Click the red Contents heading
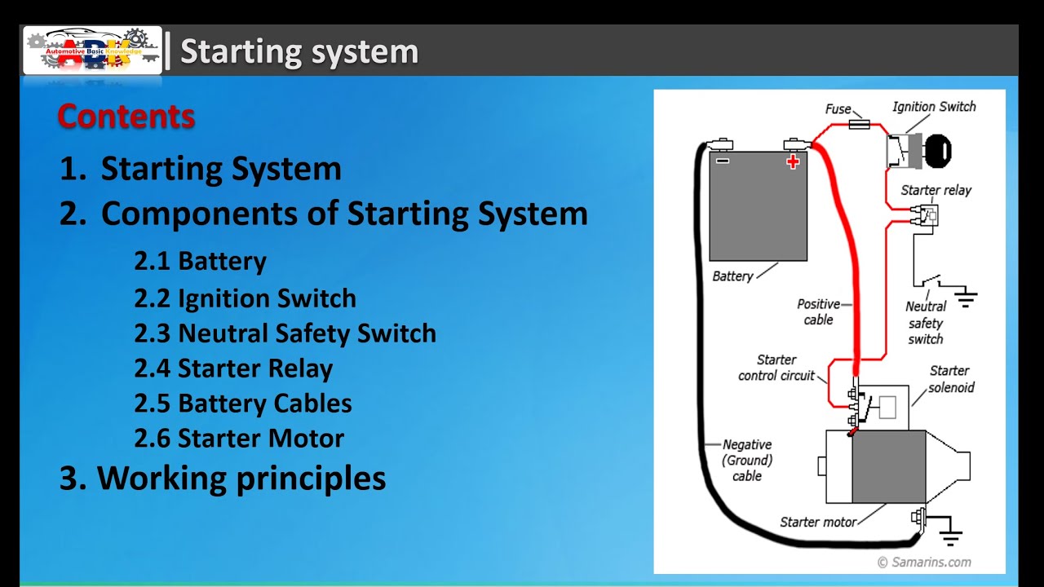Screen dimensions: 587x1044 (x=126, y=117)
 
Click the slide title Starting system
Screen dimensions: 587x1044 (x=299, y=51)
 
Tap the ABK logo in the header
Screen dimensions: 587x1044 (x=93, y=51)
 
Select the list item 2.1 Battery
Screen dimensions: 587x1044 (x=200, y=262)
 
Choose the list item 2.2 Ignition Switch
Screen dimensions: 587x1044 (x=245, y=298)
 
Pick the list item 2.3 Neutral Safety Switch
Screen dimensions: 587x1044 (x=285, y=333)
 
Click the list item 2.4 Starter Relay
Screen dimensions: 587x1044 (x=233, y=369)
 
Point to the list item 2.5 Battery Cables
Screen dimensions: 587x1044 (x=243, y=404)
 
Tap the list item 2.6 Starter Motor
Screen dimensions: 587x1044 (x=239, y=439)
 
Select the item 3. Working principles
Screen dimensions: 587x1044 (x=223, y=478)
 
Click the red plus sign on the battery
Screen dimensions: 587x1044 (x=793, y=161)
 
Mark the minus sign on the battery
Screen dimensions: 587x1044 (x=723, y=161)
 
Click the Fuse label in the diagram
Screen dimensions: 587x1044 (x=838, y=109)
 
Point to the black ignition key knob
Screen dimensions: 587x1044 (x=938, y=151)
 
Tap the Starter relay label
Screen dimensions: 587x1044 (x=936, y=190)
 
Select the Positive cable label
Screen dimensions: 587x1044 (x=818, y=312)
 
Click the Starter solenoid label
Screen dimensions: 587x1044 (x=950, y=379)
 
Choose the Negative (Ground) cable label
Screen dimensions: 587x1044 (x=747, y=460)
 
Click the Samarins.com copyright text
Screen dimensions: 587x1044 (x=924, y=562)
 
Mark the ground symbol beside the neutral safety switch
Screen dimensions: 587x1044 (x=967, y=298)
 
